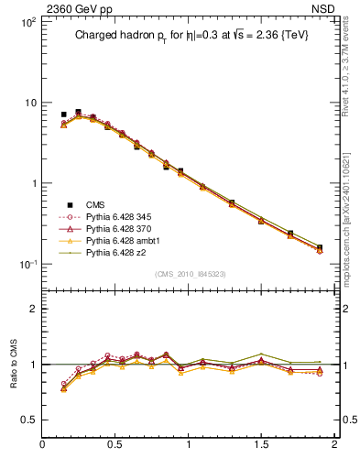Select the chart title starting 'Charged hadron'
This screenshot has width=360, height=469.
(x=195, y=38)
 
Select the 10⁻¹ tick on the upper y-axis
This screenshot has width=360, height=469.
(x=26, y=265)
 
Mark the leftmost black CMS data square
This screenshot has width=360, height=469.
(x=63, y=115)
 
